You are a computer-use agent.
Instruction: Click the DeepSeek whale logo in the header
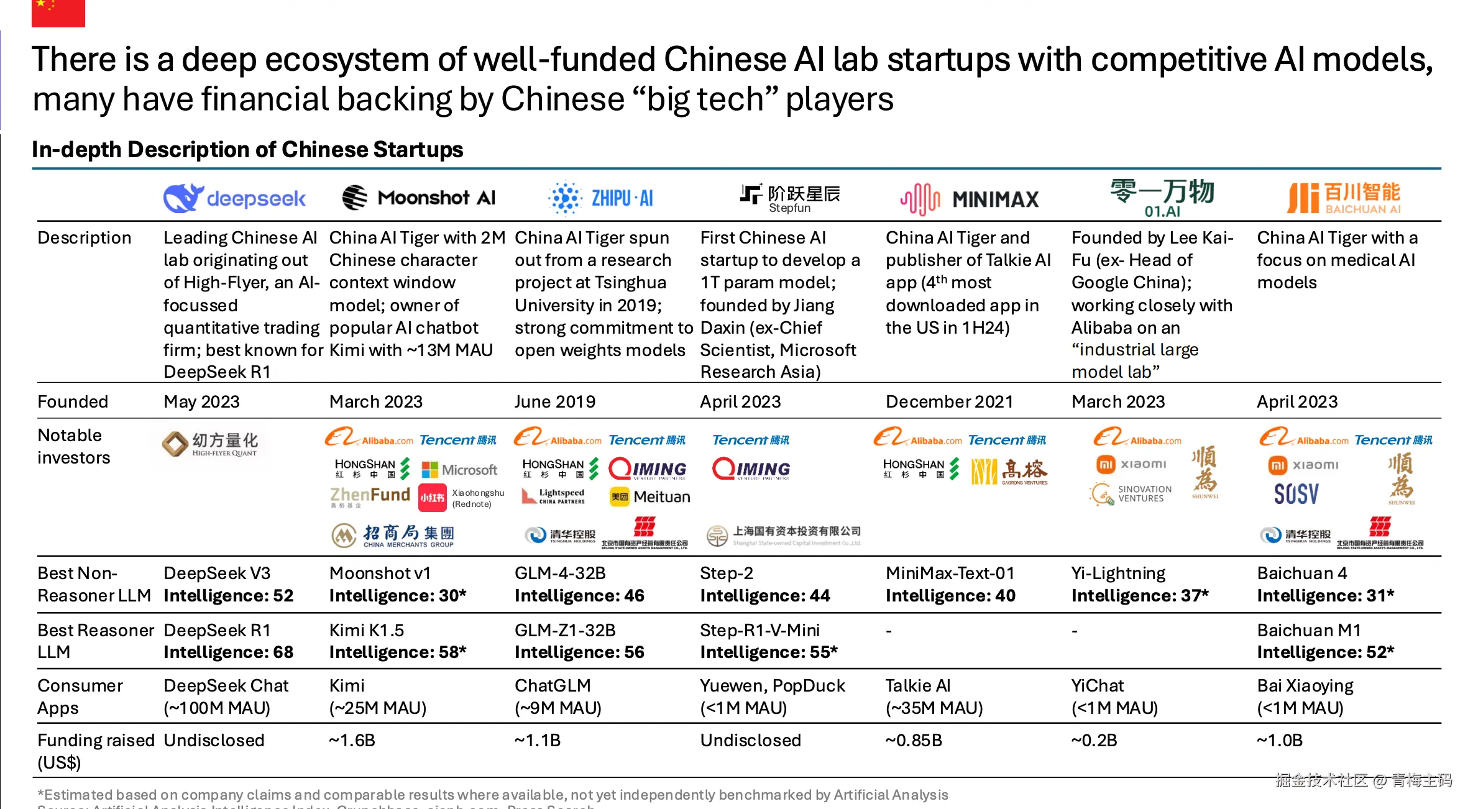pos(183,198)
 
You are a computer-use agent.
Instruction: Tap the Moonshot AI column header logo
pos(419,198)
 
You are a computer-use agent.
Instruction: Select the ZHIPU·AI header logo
pos(602,198)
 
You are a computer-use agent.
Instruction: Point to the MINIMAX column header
pos(970,199)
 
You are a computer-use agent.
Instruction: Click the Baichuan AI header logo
pos(1344,198)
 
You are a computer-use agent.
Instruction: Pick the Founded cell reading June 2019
pos(555,402)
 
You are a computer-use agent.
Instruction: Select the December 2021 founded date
pos(949,402)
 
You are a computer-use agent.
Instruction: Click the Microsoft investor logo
pos(459,470)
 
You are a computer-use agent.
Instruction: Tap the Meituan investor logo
pos(650,496)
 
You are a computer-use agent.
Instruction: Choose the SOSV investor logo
pos(1296,495)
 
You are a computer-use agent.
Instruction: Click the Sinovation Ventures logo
pos(1131,494)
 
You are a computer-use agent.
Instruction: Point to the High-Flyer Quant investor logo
pos(210,444)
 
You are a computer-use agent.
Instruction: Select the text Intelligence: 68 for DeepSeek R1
pos(228,652)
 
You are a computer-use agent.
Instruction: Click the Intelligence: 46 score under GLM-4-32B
pos(579,596)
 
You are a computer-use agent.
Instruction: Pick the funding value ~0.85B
pos(914,741)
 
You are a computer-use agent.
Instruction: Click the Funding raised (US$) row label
pos(95,751)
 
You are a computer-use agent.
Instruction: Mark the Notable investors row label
pos(73,446)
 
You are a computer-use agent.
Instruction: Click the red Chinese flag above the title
pos(58,12)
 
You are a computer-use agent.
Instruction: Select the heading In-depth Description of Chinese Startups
pos(247,150)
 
